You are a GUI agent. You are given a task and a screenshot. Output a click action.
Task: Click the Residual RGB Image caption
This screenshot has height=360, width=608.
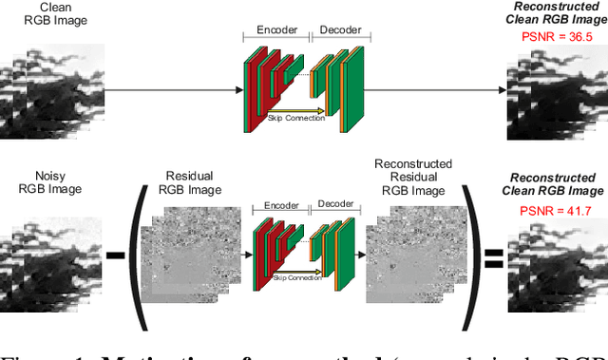coord(189,181)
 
